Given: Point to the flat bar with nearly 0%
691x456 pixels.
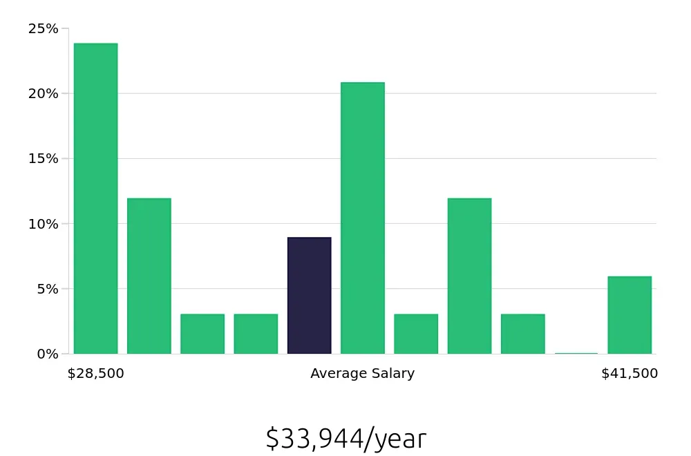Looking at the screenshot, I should click(576, 353).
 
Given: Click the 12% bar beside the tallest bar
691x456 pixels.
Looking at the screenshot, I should click(149, 276).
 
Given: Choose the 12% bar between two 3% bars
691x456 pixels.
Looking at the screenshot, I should click(469, 276).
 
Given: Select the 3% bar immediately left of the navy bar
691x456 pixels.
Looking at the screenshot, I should click(256, 334).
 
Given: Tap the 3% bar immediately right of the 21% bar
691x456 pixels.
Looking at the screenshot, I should click(416, 334).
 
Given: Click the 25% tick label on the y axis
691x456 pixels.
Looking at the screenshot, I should click(43, 29).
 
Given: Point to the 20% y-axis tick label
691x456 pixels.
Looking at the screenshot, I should click(43, 94).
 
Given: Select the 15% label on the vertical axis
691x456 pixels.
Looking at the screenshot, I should click(43, 159).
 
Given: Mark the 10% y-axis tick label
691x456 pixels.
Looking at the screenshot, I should click(43, 224).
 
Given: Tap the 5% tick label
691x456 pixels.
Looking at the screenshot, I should click(47, 289).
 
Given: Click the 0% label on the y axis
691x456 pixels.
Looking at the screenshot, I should click(47, 354).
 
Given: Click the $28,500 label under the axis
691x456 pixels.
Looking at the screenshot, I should click(95, 374).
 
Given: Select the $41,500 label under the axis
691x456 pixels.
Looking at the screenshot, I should click(630, 374).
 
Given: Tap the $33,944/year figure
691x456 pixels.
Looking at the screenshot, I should click(345, 439).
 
